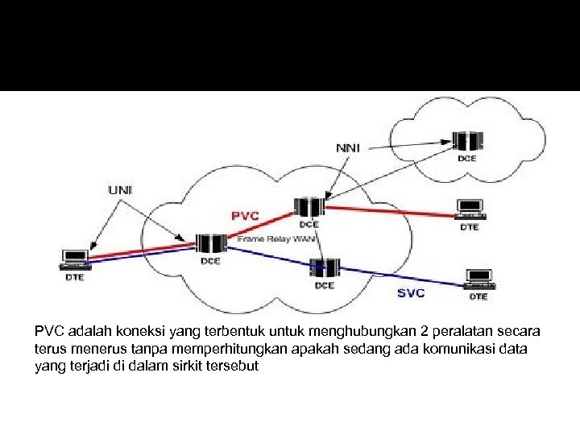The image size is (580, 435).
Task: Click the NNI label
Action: pyautogui.click(x=349, y=148)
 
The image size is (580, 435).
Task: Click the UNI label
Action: pyautogui.click(x=121, y=190)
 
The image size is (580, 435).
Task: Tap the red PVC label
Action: pyautogui.click(x=245, y=216)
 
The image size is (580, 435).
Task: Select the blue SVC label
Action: pyautogui.click(x=411, y=292)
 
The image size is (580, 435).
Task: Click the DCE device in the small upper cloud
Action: pyautogui.click(x=466, y=142)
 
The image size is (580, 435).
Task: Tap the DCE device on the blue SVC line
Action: pyautogui.click(x=325, y=267)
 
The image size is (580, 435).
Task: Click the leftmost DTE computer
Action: pyautogui.click(x=74, y=260)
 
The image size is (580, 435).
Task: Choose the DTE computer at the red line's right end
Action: pyautogui.click(x=469, y=209)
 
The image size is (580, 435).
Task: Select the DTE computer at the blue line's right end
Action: pyautogui.click(x=478, y=279)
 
